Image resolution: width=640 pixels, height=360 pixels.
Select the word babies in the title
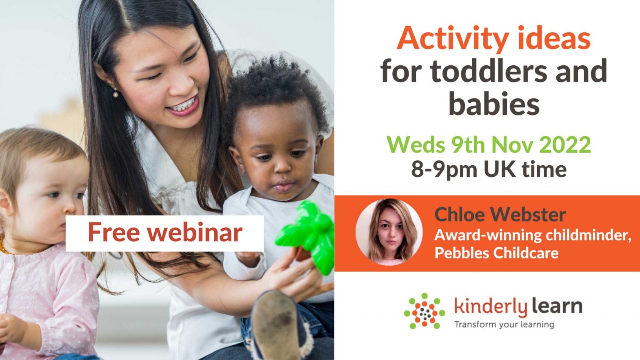(494, 104)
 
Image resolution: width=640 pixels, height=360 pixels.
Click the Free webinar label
(164, 233)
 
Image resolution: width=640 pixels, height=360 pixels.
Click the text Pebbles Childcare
(496, 253)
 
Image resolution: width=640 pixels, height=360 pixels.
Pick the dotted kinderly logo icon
(424, 311)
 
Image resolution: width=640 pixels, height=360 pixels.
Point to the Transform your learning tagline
(504, 324)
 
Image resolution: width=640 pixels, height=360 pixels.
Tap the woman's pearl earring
(116, 94)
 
